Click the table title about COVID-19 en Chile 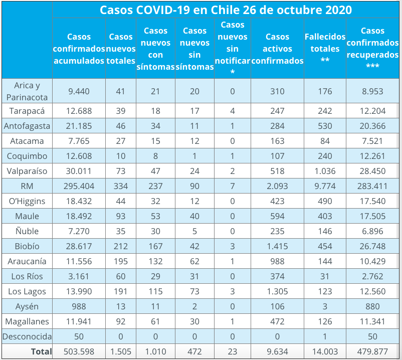[226, 10]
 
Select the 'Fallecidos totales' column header [325, 49]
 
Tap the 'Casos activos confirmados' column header [277, 49]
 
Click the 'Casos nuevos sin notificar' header [233, 49]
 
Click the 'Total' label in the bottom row [41, 351]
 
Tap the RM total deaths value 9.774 [325, 186]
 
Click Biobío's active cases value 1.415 [277, 246]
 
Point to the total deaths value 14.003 [325, 351]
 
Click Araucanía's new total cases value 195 [121, 261]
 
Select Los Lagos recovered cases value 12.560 [372, 291]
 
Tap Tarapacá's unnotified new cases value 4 [233, 111]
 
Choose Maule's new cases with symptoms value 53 [155, 216]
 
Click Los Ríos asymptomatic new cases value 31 [194, 276]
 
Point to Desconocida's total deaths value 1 [325, 336]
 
